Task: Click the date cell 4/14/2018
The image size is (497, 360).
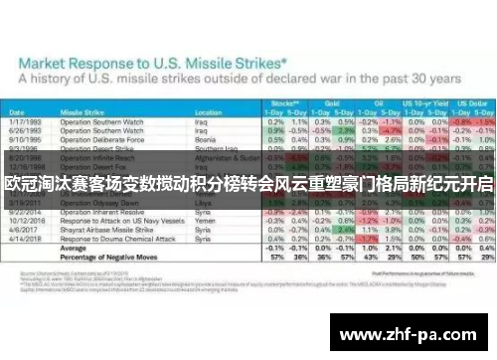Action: tap(27, 238)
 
